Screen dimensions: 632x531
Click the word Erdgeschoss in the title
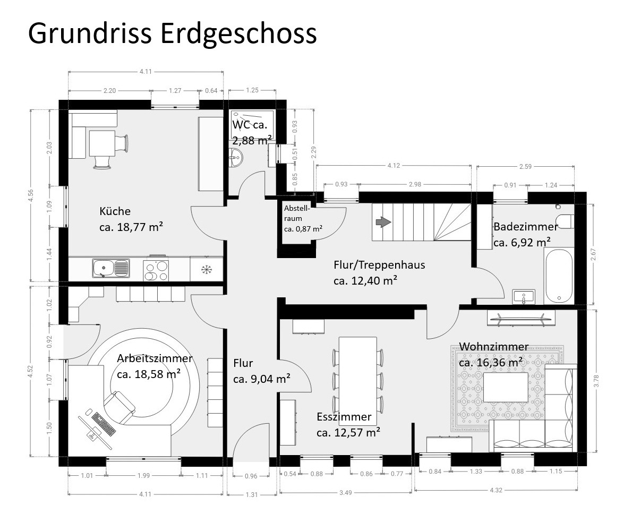click(x=238, y=34)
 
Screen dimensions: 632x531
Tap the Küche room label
click(x=115, y=211)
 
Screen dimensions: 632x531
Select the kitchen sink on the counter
click(x=111, y=268)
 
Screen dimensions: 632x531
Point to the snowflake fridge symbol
click(x=207, y=270)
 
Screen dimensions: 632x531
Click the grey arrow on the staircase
click(x=383, y=222)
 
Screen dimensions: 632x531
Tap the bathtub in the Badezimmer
click(x=558, y=276)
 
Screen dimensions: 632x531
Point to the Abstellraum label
click(x=297, y=213)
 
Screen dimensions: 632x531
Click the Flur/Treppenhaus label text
click(x=379, y=264)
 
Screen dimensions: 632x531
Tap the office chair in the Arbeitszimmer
click(x=119, y=407)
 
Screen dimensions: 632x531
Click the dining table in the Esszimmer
click(x=358, y=381)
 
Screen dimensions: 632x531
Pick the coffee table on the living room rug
click(x=506, y=387)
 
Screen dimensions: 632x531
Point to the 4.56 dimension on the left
click(x=31, y=196)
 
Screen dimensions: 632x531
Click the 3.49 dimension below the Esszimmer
click(x=345, y=492)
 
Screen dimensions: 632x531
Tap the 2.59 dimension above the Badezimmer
click(x=525, y=166)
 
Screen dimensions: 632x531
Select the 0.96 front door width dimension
click(x=251, y=476)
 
